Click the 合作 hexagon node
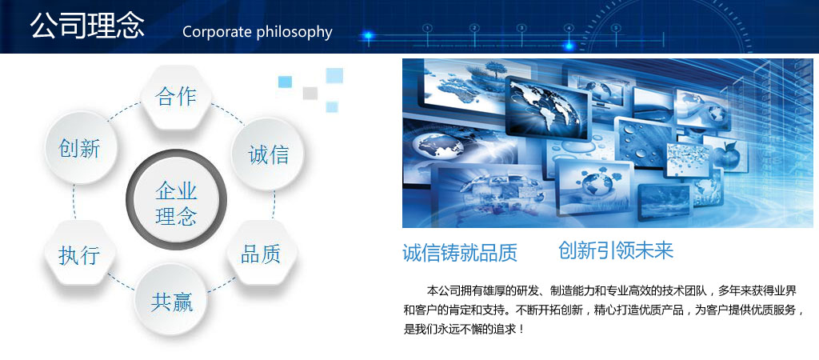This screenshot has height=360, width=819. tap(177, 97)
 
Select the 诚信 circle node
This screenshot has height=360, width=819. tap(267, 154)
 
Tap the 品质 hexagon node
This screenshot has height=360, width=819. tap(262, 254)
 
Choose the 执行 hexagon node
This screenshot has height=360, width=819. tap(80, 254)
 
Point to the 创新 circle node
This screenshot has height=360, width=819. tap(81, 147)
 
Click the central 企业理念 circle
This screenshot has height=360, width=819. tap(177, 199)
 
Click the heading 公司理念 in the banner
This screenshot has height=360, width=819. tap(87, 26)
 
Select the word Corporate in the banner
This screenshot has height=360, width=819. tap(218, 32)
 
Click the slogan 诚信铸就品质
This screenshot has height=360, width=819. tap(460, 253)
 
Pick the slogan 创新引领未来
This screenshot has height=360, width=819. tap(616, 250)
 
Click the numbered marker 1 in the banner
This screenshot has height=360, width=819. tap(427, 28)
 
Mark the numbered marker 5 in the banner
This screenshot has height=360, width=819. tap(616, 28)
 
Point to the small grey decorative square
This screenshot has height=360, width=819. tap(310, 93)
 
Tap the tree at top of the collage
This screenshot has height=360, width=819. tap(494, 69)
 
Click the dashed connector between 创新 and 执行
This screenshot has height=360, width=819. tap(74, 201)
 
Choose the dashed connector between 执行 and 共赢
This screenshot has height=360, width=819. tap(122, 281)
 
